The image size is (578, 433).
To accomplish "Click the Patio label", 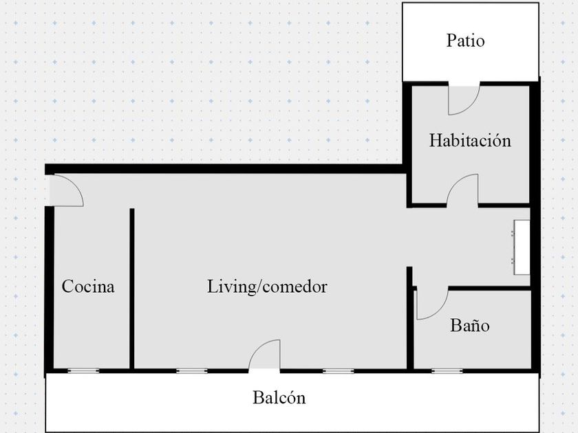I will click(465, 41).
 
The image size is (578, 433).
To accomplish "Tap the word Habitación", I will click(470, 141).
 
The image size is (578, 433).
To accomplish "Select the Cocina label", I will click(88, 287).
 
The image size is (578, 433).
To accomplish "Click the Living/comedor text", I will click(267, 287).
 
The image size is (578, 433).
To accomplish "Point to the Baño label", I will click(470, 325).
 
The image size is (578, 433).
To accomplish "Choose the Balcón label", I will click(279, 397).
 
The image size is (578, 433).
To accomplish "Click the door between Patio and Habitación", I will click(463, 99).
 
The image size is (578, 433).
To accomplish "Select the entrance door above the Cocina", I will click(66, 190).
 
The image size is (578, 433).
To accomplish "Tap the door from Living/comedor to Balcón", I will click(266, 356).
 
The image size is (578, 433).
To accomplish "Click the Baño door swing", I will click(430, 304).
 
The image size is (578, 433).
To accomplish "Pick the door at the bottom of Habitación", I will click(463, 190).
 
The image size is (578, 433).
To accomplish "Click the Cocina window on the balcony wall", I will click(83, 371).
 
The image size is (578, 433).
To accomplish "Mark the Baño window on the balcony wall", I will click(447, 371).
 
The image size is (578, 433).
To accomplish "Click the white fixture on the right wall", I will click(522, 242).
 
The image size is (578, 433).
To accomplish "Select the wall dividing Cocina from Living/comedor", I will click(131, 289).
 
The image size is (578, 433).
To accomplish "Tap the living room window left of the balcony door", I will click(192, 371).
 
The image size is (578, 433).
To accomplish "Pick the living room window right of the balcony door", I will click(339, 371).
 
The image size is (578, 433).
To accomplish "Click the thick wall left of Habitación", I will click(408, 144).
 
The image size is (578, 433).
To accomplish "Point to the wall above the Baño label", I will click(489, 288).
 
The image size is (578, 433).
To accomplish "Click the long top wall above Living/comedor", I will click(227, 168).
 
